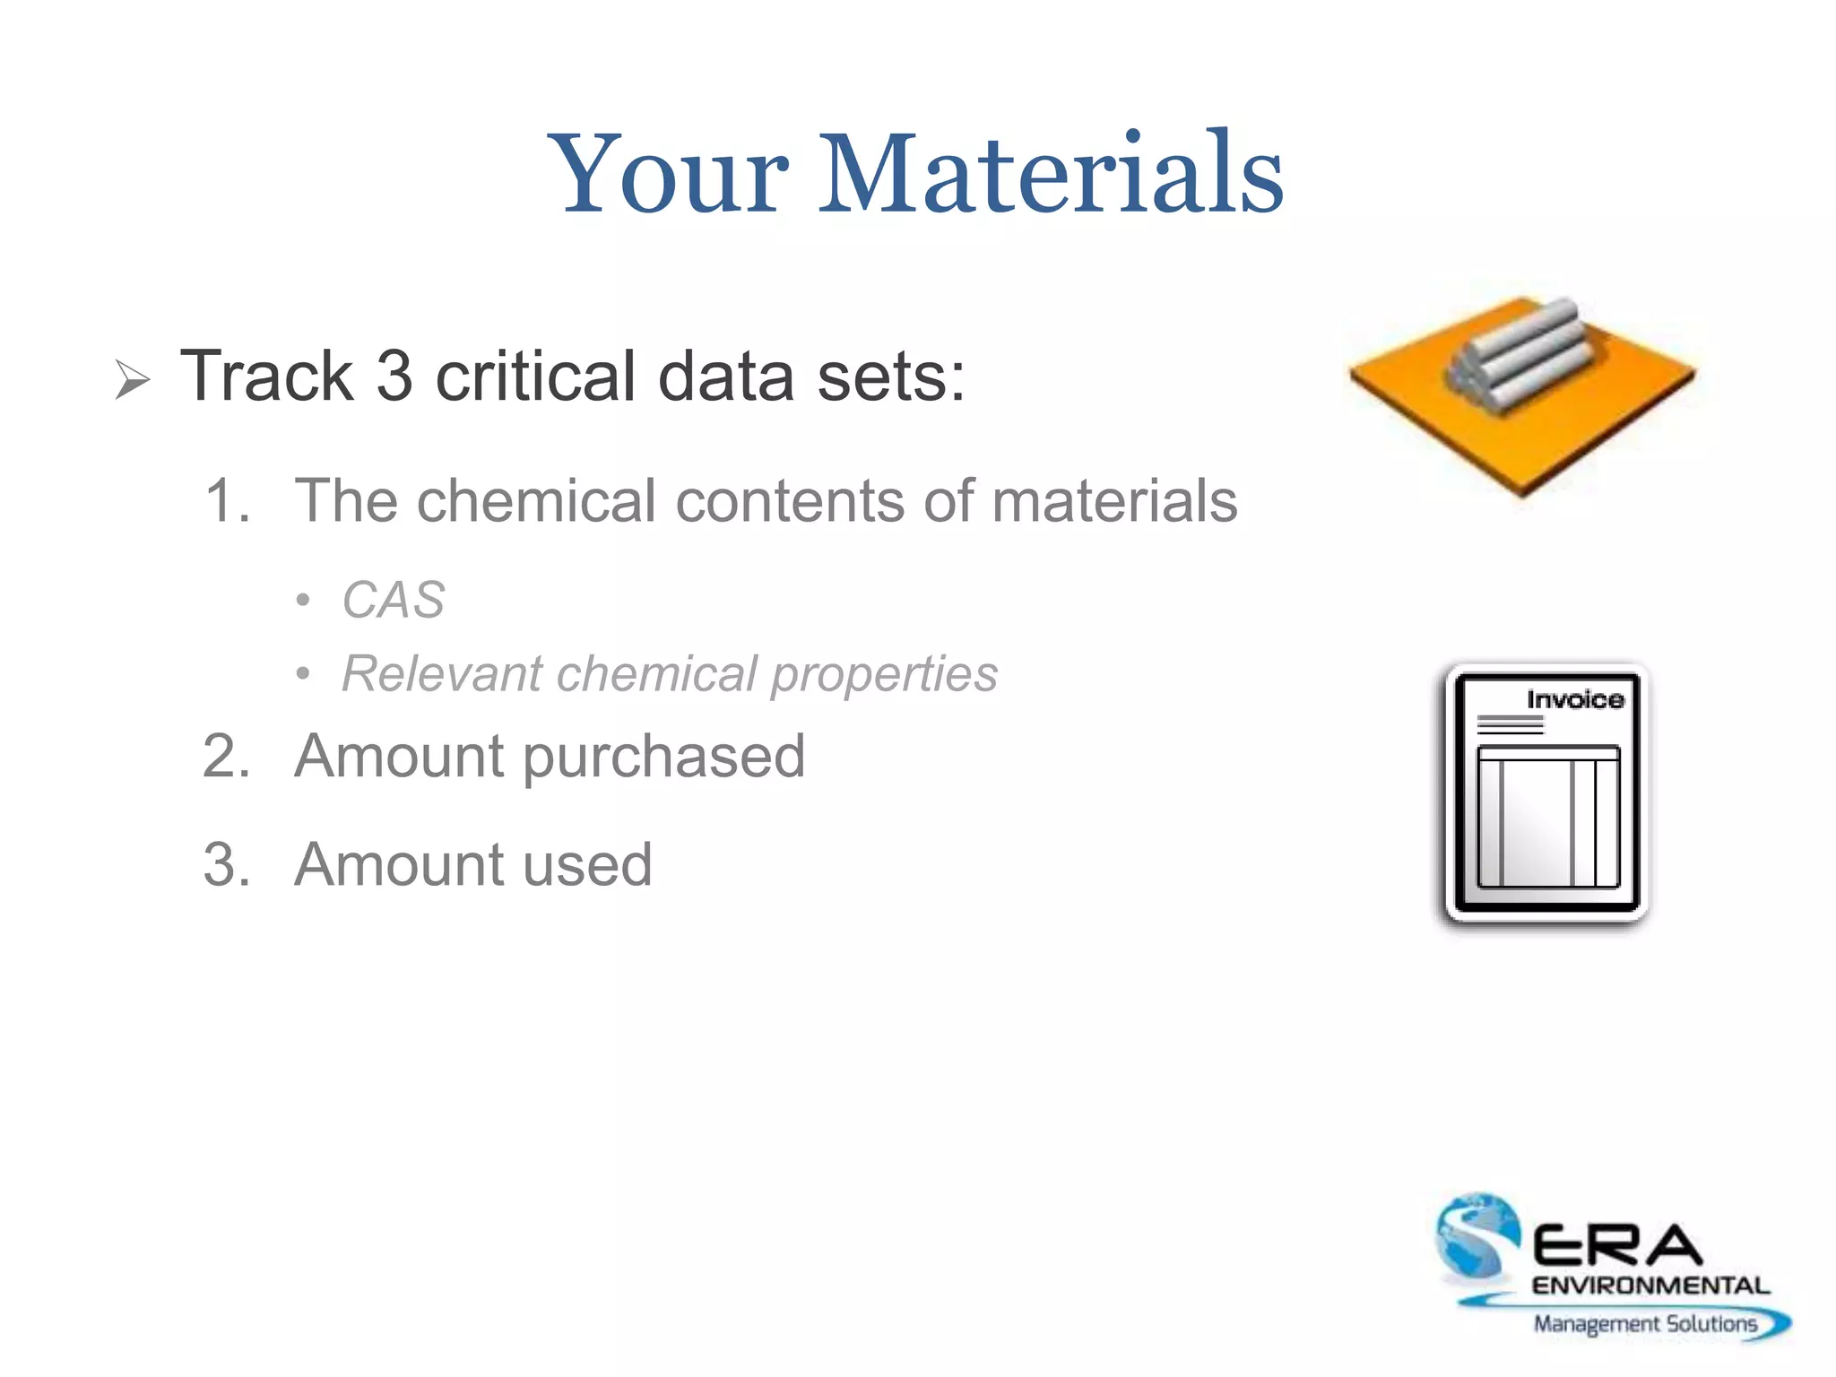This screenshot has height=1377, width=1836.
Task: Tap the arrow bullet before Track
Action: coord(133,379)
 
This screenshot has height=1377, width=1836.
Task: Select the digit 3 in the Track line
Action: coord(394,377)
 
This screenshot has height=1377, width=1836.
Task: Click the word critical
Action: coord(535,377)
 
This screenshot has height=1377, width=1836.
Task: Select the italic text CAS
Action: coord(394,599)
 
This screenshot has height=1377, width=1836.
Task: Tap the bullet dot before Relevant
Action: coord(304,673)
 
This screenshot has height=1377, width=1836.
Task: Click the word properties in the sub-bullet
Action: coord(884,674)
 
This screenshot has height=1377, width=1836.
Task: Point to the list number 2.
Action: coord(226,756)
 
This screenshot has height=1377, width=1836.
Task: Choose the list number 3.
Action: coord(226,865)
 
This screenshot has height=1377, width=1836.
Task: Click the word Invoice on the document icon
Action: coord(1574,699)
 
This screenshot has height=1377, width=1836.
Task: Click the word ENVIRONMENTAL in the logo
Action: coord(1650,1286)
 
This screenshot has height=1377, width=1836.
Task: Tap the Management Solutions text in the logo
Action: coord(1644,1323)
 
